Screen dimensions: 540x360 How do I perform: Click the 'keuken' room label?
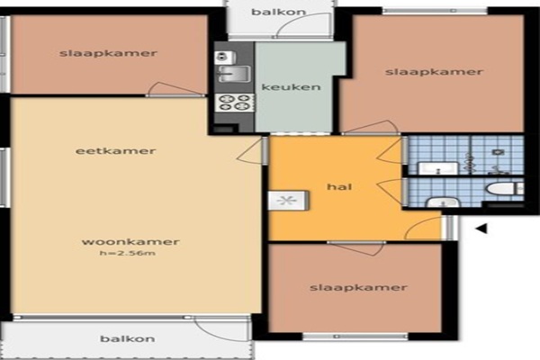(x=291, y=86)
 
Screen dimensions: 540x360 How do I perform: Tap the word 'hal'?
(x=339, y=186)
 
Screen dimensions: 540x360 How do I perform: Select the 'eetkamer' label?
(x=116, y=151)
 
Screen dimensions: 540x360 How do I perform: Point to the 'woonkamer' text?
(x=130, y=241)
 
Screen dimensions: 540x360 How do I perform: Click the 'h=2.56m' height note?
(x=128, y=253)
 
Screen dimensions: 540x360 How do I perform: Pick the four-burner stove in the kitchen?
(x=235, y=103)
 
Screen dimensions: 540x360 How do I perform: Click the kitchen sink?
(x=234, y=74)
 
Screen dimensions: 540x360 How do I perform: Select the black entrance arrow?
(x=481, y=228)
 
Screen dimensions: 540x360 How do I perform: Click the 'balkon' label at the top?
(x=279, y=12)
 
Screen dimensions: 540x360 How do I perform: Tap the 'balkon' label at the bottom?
(x=128, y=338)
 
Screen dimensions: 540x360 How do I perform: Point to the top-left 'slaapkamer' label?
(x=108, y=53)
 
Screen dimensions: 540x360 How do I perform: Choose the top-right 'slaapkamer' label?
(x=435, y=72)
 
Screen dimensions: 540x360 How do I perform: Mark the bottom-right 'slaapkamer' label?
(x=358, y=288)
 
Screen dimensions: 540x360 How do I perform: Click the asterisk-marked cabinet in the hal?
(x=288, y=200)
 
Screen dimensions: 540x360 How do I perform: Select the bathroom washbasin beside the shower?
(x=438, y=168)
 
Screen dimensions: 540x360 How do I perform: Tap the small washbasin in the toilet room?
(x=443, y=202)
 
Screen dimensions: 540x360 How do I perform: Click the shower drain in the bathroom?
(x=498, y=152)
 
